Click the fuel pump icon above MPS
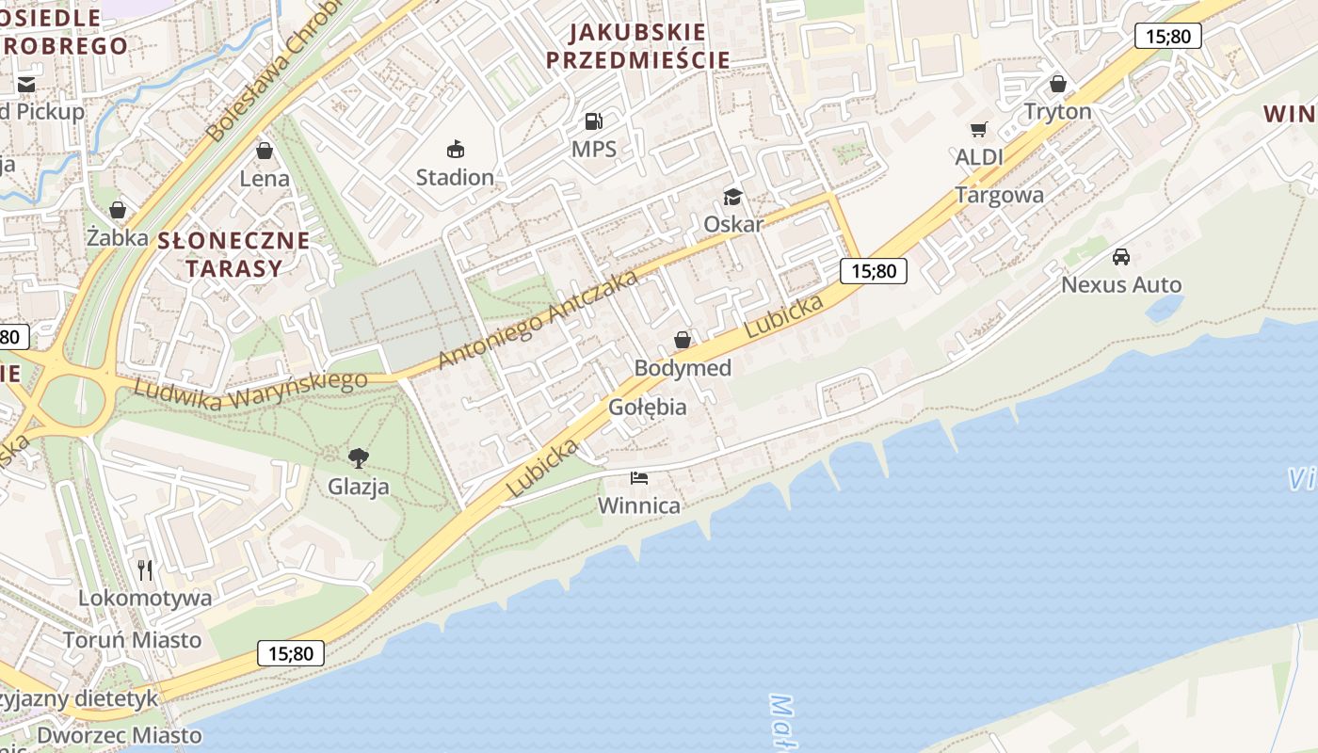[593, 120]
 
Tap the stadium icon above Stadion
[456, 149]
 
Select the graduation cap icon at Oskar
[732, 197]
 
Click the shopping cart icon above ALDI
[979, 129]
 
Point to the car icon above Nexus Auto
[1120, 256]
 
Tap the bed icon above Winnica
[639, 478]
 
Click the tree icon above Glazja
[358, 458]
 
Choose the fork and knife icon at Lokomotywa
[145, 569]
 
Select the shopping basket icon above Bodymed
[683, 340]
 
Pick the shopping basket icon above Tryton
[1058, 84]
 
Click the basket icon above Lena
[265, 151]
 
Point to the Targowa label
[999, 195]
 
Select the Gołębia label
[648, 408]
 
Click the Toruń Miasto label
[132, 640]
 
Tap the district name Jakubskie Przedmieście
[638, 46]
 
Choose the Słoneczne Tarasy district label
[233, 254]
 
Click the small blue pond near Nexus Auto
[1165, 307]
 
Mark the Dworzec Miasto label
[120, 735]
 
